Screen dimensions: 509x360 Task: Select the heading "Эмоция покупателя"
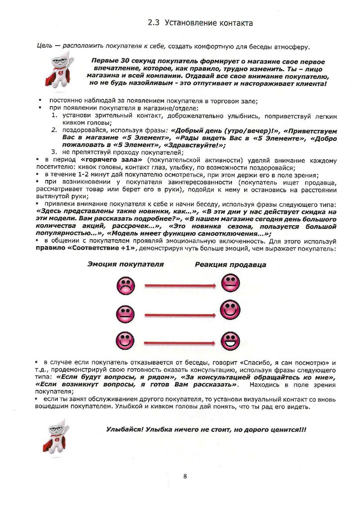[126, 264]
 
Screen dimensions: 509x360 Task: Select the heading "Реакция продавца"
[230, 264]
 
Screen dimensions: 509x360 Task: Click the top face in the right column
[229, 283]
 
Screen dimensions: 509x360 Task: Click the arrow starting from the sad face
[180, 286]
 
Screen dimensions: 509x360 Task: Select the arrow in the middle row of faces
[180, 315]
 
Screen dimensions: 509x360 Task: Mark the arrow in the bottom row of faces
[180, 341]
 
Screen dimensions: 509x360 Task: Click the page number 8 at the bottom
[185, 476]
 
